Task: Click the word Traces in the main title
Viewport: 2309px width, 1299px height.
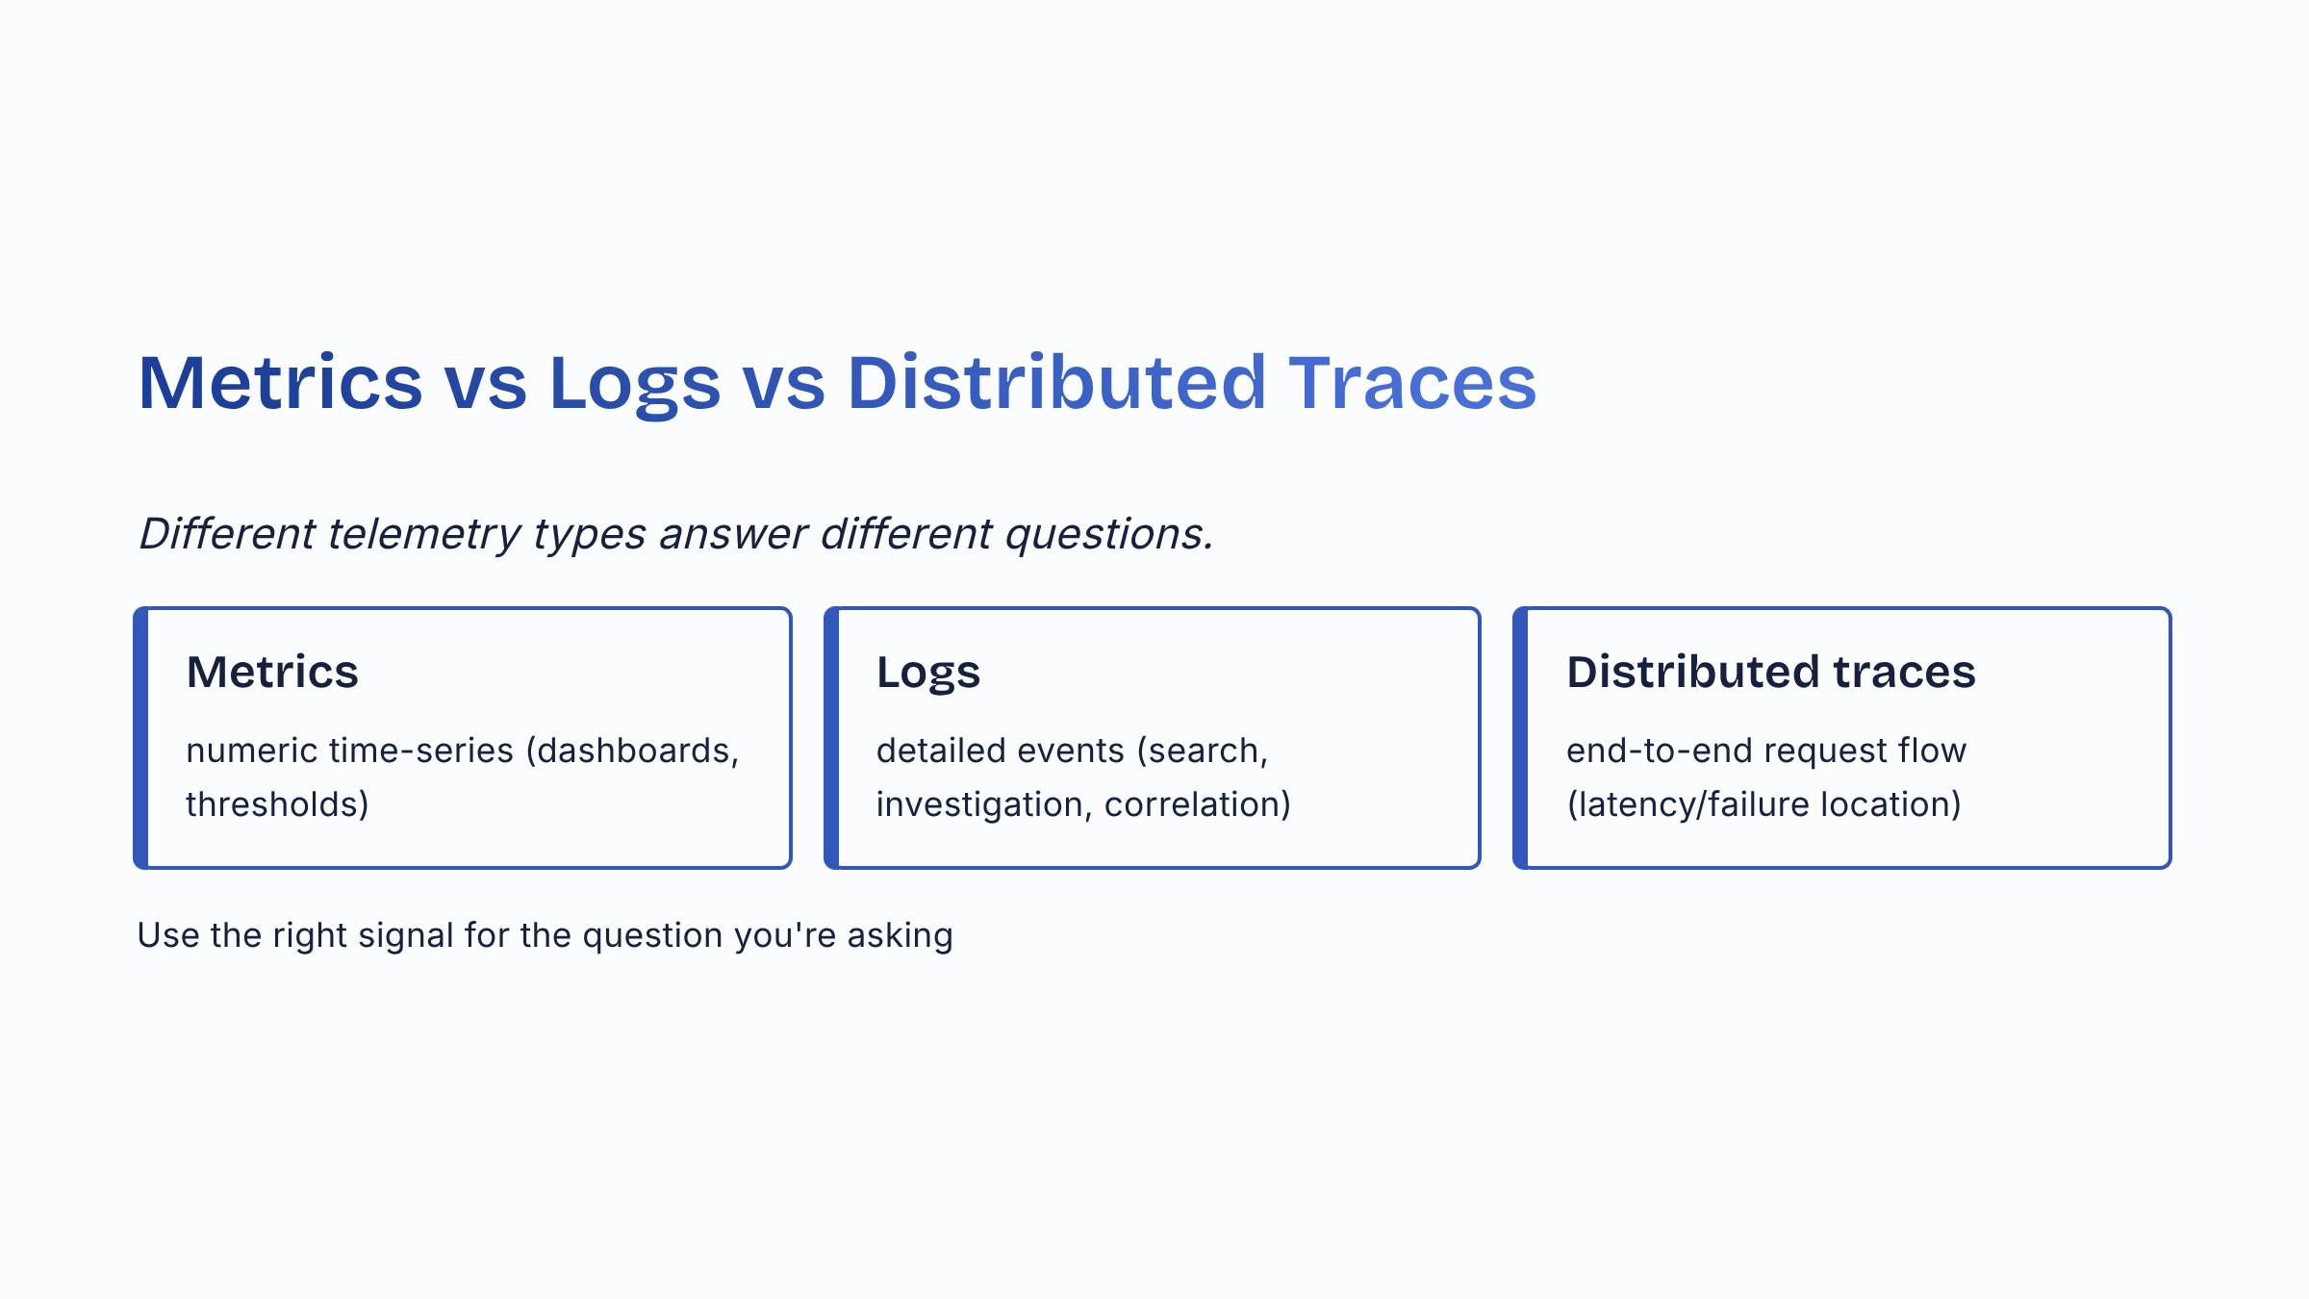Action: click(x=1412, y=383)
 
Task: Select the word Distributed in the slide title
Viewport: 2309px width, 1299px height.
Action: click(x=1056, y=382)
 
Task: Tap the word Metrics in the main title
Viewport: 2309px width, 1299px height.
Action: click(x=280, y=383)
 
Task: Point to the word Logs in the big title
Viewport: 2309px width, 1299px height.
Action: click(x=635, y=385)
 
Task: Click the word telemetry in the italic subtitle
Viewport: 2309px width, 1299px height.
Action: click(x=423, y=534)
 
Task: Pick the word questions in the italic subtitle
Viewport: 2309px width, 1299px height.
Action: click(x=1109, y=535)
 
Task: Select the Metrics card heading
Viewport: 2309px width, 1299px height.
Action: click(x=272, y=672)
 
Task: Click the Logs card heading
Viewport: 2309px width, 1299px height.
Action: click(x=928, y=674)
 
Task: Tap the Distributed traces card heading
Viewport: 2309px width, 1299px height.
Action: click(x=1771, y=672)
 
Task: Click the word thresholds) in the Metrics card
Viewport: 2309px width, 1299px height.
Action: click(x=277, y=804)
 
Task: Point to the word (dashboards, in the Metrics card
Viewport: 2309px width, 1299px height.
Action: click(x=632, y=751)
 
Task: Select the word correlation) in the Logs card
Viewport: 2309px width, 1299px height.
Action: click(x=1198, y=804)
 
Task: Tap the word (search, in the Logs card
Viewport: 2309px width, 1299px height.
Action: click(x=1203, y=751)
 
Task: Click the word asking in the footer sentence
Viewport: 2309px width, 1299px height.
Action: click(x=900, y=936)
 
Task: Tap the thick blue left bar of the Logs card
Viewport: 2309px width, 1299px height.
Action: click(x=832, y=738)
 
